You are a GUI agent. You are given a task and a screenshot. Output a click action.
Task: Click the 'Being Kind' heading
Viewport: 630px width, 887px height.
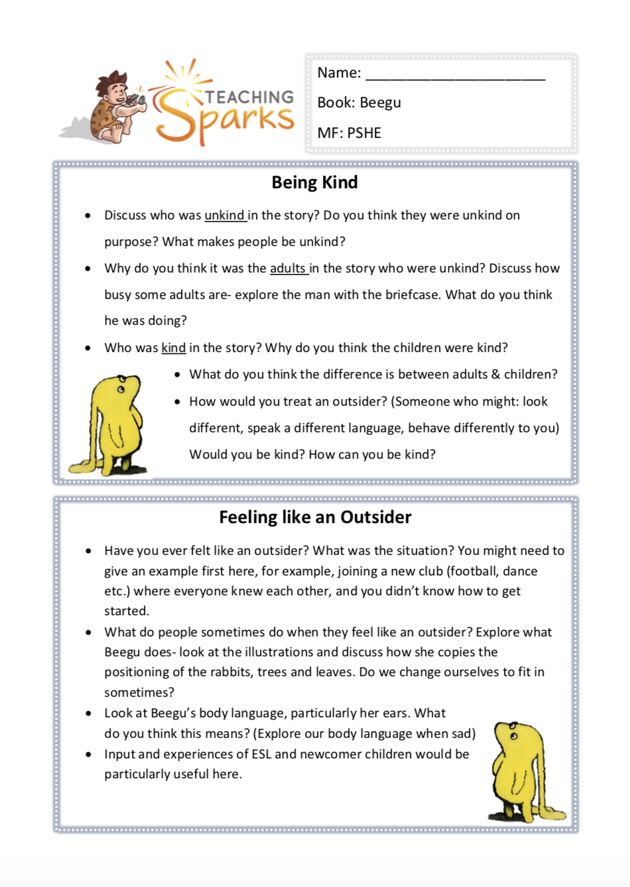[314, 182]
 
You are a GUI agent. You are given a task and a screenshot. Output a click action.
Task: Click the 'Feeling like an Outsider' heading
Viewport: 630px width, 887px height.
[315, 517]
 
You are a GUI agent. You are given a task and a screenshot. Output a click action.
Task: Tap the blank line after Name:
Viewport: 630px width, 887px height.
[455, 74]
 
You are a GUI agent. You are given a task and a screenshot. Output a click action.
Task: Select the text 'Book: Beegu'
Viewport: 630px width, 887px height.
[359, 103]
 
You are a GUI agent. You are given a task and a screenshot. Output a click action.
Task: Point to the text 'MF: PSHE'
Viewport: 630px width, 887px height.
[349, 133]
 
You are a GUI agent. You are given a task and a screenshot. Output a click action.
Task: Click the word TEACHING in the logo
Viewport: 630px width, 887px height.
[249, 97]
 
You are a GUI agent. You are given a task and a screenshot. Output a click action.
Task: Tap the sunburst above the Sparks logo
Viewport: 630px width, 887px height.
[182, 78]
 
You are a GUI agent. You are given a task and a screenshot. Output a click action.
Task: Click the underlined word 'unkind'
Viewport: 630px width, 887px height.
[224, 215]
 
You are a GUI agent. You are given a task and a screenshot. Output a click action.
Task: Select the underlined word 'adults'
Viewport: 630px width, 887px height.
[287, 268]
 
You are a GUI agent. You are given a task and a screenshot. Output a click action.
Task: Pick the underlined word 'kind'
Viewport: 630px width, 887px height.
[173, 348]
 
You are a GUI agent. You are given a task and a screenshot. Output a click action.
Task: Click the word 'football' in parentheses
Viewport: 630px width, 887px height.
[472, 571]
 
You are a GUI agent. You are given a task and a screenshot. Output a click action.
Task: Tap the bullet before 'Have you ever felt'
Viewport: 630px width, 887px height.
[88, 551]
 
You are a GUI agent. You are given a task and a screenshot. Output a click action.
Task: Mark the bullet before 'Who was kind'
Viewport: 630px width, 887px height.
[88, 348]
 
